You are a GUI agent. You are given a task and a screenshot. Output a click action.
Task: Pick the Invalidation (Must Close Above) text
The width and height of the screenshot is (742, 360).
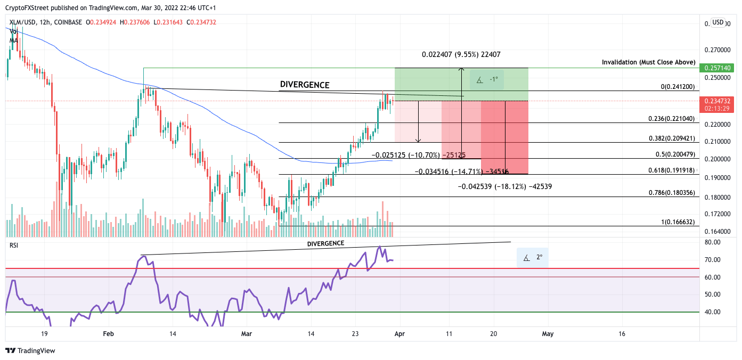tap(648, 62)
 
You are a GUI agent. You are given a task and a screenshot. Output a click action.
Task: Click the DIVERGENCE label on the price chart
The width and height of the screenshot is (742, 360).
tap(304, 85)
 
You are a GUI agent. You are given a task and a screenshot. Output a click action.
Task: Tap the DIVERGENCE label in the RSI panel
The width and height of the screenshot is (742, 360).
tap(325, 243)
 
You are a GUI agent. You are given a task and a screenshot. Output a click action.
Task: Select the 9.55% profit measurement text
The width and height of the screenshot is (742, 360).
tap(461, 55)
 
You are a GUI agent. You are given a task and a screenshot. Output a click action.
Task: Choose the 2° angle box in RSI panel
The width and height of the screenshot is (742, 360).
tap(532, 258)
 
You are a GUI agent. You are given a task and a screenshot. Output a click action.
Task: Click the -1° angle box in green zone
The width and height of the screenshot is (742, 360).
tap(487, 80)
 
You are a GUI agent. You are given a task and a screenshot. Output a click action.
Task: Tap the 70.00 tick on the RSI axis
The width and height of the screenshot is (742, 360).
tap(713, 260)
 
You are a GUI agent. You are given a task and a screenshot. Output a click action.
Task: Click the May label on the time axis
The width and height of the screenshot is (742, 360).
tap(548, 334)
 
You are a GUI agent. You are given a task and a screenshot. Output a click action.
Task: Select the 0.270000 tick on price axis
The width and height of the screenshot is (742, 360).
tap(714, 50)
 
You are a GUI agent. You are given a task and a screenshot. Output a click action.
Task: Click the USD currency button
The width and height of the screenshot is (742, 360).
tap(718, 22)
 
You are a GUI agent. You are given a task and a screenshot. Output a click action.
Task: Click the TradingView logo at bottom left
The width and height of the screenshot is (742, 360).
tap(30, 351)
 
